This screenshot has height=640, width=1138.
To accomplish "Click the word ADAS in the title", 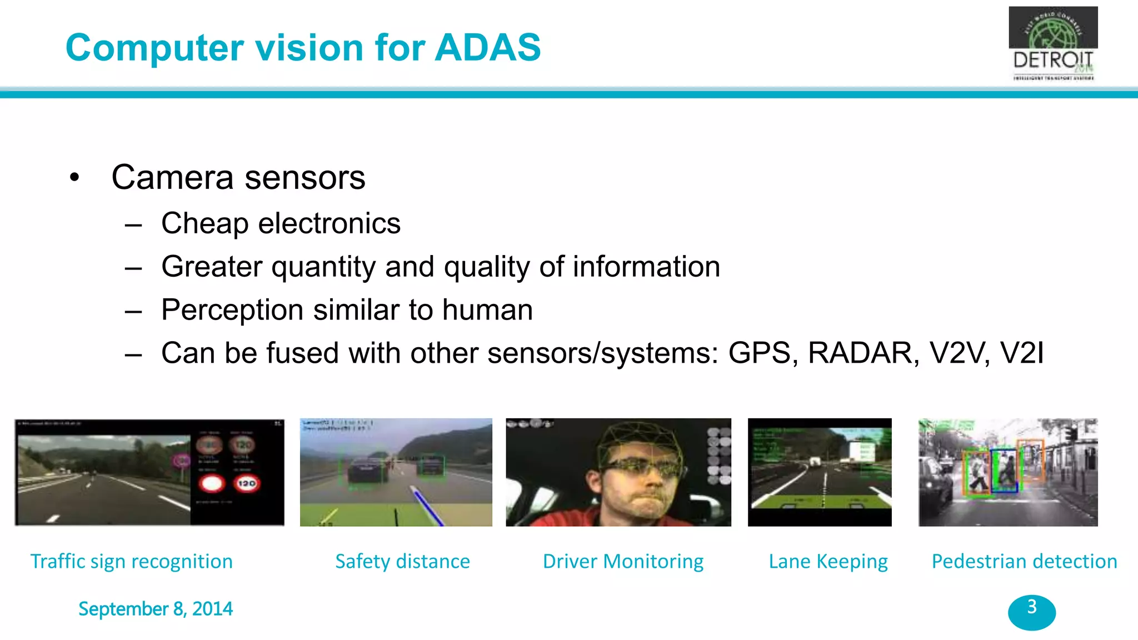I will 487,47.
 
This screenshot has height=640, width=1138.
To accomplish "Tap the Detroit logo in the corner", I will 1053,44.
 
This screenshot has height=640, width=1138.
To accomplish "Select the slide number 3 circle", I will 1032,612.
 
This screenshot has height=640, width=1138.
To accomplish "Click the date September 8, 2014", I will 155,609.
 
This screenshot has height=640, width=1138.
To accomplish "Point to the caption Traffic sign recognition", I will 131,561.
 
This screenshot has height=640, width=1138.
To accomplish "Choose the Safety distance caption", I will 402,561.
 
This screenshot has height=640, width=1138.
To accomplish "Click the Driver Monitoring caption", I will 623,561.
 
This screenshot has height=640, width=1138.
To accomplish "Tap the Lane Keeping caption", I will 828,561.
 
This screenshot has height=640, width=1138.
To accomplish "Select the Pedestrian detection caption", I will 1024,561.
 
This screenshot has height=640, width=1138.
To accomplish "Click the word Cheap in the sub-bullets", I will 204,224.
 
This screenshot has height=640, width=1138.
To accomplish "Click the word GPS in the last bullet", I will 760,353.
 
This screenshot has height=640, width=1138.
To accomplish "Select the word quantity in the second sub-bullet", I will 323,267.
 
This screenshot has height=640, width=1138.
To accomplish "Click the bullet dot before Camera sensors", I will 74,178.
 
